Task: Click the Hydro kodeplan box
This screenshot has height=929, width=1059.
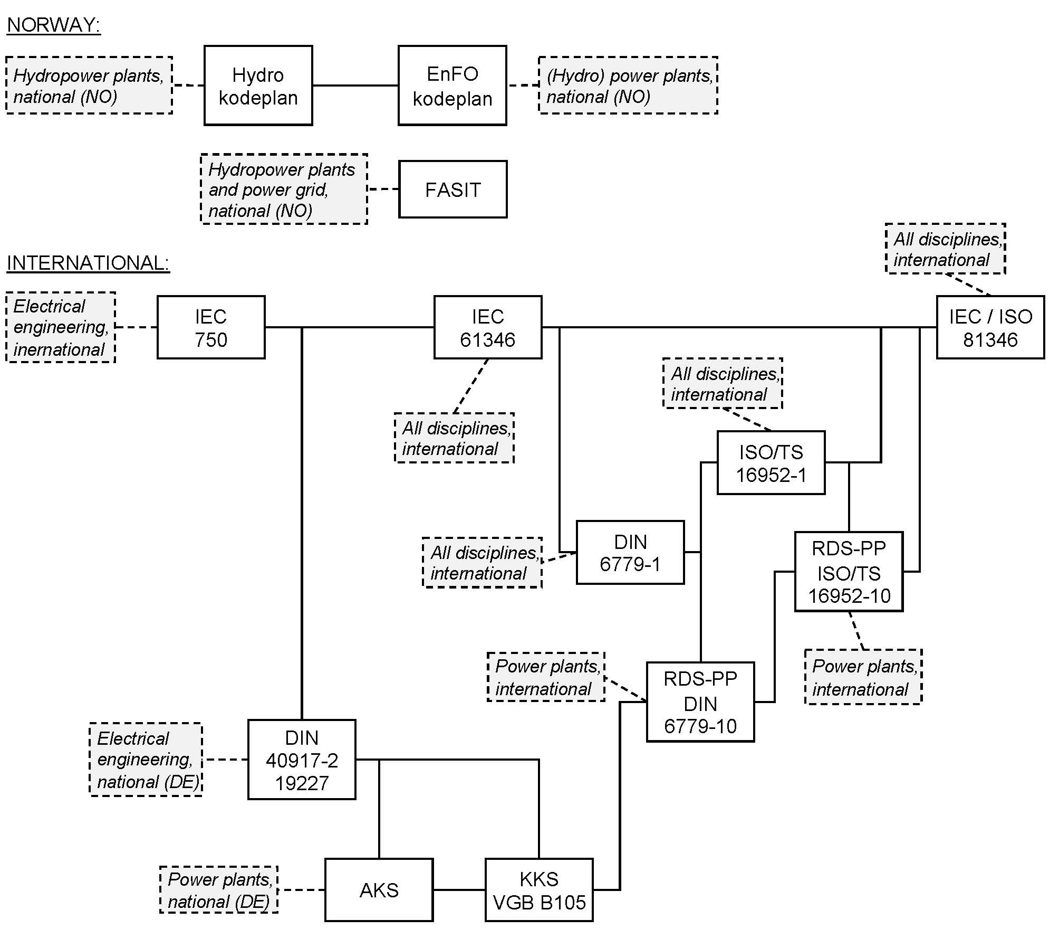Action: click(x=258, y=86)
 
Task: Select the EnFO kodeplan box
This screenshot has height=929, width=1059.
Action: click(x=452, y=86)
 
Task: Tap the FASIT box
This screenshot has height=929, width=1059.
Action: click(x=453, y=189)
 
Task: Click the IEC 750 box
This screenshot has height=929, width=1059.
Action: click(x=211, y=327)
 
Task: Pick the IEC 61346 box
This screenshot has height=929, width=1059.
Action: click(x=487, y=327)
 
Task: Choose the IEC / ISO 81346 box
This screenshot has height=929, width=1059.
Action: click(x=990, y=327)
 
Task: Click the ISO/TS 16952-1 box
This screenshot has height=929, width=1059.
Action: click(x=771, y=463)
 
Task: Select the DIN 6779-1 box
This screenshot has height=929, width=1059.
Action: click(x=630, y=553)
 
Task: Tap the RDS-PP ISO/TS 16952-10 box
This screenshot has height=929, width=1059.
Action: click(x=849, y=572)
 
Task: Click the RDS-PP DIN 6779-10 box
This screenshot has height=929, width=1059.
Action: click(x=700, y=702)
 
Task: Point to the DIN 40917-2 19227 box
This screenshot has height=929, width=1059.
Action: click(x=302, y=760)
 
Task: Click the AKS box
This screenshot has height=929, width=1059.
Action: click(x=379, y=890)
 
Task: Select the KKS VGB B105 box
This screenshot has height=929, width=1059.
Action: click(x=538, y=890)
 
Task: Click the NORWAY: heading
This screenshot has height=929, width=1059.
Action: click(x=53, y=25)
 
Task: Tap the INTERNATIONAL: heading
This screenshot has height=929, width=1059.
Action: click(x=88, y=263)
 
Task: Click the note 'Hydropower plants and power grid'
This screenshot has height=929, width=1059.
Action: click(x=284, y=189)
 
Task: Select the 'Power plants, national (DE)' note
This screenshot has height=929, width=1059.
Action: click(x=219, y=890)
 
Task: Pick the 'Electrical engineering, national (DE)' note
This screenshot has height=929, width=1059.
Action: click(x=146, y=760)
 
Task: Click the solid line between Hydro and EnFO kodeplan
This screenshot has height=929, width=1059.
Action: click(x=355, y=86)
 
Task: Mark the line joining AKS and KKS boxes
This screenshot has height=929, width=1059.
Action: click(x=459, y=890)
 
